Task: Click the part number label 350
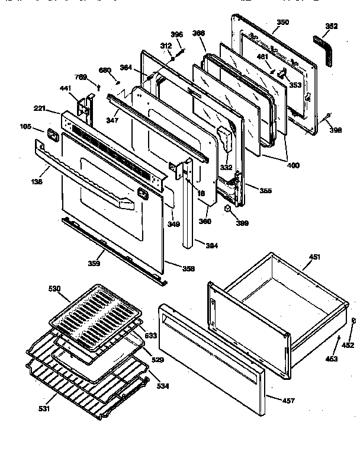[x=283, y=23]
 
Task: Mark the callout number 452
[x=348, y=344]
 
